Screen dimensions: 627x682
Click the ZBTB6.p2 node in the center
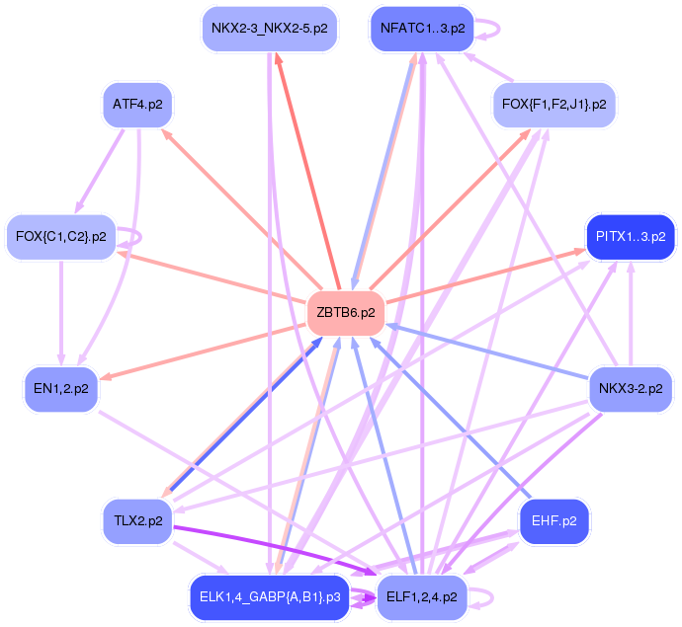(x=345, y=313)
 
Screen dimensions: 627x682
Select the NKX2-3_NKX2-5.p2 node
(x=270, y=28)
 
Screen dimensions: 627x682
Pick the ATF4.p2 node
(x=137, y=104)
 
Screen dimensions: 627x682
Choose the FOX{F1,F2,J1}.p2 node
(x=554, y=104)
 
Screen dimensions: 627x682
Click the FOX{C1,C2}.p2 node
(x=61, y=236)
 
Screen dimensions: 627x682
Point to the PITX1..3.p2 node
(x=630, y=236)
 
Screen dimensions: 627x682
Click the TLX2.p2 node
(x=137, y=520)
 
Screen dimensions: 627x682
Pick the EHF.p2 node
(x=554, y=520)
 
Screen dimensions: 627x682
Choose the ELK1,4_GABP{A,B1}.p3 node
(x=270, y=596)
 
